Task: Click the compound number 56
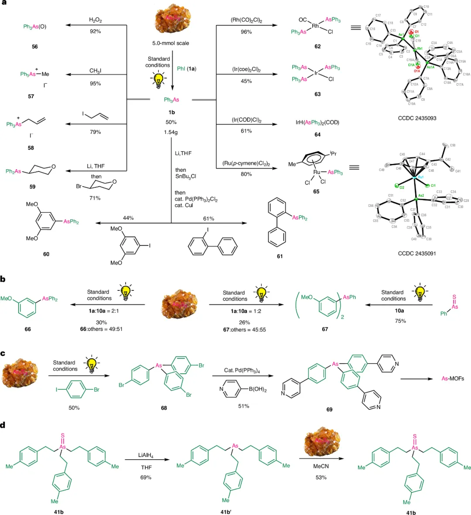pyautogui.click(x=35, y=47)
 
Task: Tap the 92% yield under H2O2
pyautogui.click(x=96, y=31)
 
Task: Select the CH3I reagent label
pyautogui.click(x=96, y=71)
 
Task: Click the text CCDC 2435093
pyautogui.click(x=417, y=118)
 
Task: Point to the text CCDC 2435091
pyautogui.click(x=417, y=253)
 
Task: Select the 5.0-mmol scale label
pyautogui.click(x=171, y=43)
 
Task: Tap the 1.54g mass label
pyautogui.click(x=171, y=132)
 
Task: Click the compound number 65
pyautogui.click(x=316, y=191)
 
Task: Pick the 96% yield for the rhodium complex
pyautogui.click(x=246, y=32)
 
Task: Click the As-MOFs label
pyautogui.click(x=453, y=379)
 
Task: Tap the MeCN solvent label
pyautogui.click(x=321, y=466)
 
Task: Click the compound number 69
pyautogui.click(x=329, y=409)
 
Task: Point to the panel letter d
pyautogui.click(x=3, y=425)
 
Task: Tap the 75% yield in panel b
pyautogui.click(x=400, y=321)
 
